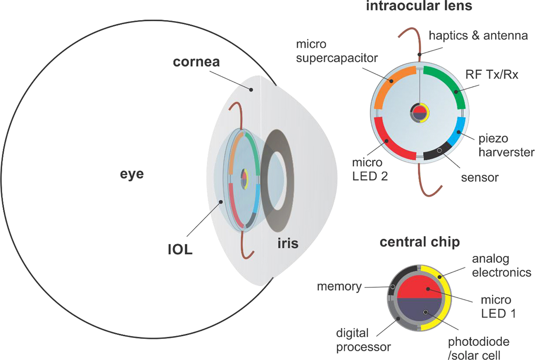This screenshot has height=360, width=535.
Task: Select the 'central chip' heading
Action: point(419,242)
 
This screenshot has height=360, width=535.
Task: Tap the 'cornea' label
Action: point(196,62)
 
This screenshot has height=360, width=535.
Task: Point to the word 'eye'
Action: point(132,174)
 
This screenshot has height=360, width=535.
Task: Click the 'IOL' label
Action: point(179,250)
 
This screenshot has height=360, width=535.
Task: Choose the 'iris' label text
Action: point(287,243)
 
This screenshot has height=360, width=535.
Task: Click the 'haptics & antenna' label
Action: point(478,36)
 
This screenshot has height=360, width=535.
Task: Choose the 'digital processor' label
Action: point(363,340)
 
